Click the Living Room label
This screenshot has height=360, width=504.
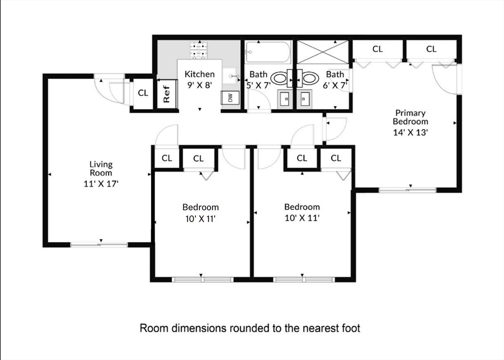101,169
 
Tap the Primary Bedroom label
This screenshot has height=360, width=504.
410,117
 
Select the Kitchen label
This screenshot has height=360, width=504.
200,74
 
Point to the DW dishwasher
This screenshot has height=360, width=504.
230,98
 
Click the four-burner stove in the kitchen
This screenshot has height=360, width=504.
198,51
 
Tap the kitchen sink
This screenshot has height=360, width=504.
230,76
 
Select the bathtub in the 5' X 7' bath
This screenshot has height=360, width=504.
268,52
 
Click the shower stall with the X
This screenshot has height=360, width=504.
322,52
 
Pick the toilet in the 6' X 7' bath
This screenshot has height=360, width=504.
308,78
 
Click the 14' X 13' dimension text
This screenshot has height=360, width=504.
410,132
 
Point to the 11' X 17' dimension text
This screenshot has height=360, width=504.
101,184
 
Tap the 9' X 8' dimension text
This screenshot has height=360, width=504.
200,86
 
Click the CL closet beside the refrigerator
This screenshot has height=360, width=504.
143,93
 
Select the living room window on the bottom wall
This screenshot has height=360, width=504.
99,245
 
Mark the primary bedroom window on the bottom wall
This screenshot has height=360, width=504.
407,190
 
